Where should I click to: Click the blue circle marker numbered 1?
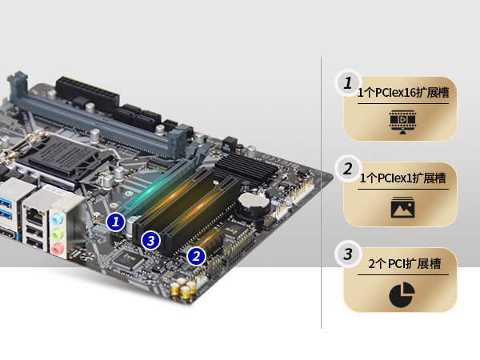pyautogui.click(x=115, y=222)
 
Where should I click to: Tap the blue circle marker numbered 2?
pyautogui.click(x=196, y=256)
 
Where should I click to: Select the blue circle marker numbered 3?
pyautogui.click(x=150, y=240)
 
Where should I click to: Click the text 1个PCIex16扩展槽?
pyautogui.click(x=403, y=93)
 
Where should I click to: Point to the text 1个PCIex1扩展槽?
pyautogui.click(x=403, y=178)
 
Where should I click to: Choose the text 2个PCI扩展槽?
pyautogui.click(x=404, y=263)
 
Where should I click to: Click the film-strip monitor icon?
pyautogui.click(x=402, y=122)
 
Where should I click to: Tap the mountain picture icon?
pyautogui.click(x=403, y=207)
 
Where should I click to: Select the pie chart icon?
pyautogui.click(x=402, y=294)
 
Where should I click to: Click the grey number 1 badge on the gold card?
pyautogui.click(x=348, y=83)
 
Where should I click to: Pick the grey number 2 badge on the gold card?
pyautogui.click(x=348, y=169)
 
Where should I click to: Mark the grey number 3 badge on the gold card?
pyautogui.click(x=348, y=254)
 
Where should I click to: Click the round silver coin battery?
pyautogui.click(x=254, y=201)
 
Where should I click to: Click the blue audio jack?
pyautogui.click(x=58, y=218)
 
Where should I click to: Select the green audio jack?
pyautogui.click(x=58, y=234)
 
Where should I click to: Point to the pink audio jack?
pyautogui.click(x=58, y=248)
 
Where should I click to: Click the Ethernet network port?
pyautogui.click(x=34, y=214)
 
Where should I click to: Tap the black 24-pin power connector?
pyautogui.click(x=87, y=93)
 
